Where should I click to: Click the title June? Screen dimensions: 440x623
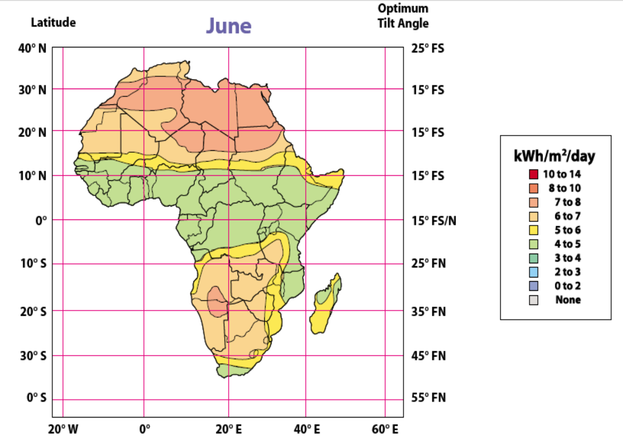[229, 26]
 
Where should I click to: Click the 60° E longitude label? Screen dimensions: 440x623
[385, 430]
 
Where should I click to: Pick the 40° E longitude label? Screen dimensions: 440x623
[305, 430]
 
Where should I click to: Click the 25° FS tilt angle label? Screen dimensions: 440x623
[428, 49]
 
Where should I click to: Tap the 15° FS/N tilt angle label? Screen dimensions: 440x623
[434, 221]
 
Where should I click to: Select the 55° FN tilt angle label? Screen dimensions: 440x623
[429, 397]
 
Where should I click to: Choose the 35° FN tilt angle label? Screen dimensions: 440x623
[429, 311]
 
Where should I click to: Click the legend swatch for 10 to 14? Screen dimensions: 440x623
[533, 174]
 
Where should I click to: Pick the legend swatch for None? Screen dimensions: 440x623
[533, 300]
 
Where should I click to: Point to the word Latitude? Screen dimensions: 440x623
[53, 23]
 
